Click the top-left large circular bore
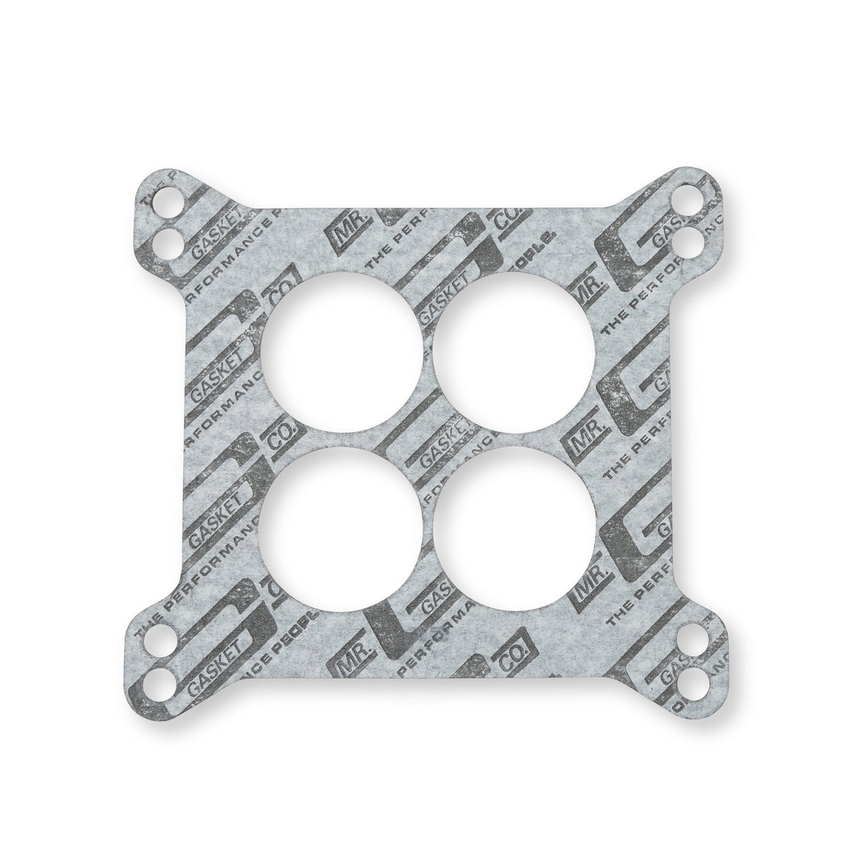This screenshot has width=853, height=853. tap(341, 352)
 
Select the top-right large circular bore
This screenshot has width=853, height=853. tap(514, 352)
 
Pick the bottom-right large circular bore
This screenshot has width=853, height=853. tap(514, 527)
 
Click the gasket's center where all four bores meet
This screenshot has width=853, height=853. tap(427, 440)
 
